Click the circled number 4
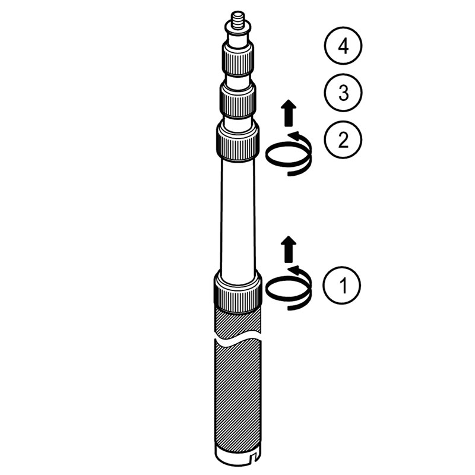coord(343,46)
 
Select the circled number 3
coord(343,93)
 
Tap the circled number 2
coord(343,140)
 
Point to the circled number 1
coord(342,285)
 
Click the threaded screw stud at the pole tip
coord(238,20)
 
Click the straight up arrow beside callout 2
coord(289,113)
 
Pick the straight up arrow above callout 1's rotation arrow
coord(289,249)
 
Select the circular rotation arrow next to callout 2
coord(289,154)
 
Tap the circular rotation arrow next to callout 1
coord(289,289)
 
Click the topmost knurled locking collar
coord(238,60)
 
